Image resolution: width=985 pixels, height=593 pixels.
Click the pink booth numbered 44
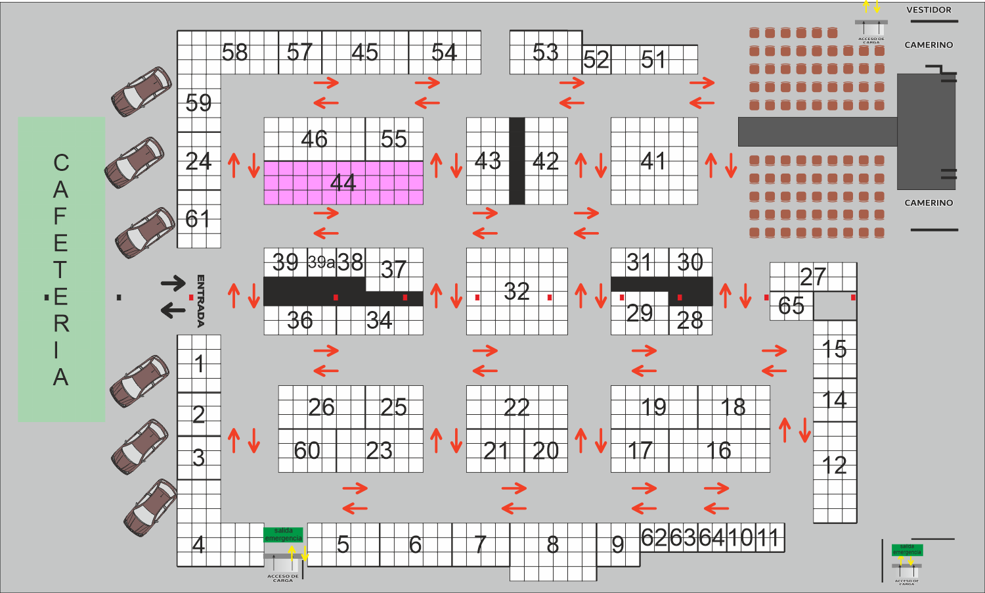343,183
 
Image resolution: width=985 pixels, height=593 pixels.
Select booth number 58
234,52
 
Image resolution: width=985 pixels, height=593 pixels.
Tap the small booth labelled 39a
321,262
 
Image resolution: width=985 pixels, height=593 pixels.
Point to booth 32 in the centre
517,291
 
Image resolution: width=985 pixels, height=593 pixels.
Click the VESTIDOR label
929,10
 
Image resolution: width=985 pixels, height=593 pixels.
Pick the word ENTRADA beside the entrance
201,300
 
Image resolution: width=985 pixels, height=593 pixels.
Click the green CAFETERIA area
61,270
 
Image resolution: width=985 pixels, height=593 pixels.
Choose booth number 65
791,306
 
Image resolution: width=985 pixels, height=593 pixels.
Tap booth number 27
813,277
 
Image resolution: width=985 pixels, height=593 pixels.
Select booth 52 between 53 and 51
596,60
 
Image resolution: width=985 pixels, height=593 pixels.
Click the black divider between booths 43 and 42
517,161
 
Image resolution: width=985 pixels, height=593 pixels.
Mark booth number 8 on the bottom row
553,545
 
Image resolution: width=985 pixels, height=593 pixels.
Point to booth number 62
654,538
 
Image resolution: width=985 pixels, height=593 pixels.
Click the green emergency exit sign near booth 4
283,534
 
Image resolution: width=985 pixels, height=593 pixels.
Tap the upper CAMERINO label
929,45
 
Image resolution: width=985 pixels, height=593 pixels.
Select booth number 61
198,219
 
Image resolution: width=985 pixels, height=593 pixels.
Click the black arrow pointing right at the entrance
173,283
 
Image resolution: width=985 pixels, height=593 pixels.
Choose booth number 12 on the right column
835,466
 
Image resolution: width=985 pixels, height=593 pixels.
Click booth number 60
307,451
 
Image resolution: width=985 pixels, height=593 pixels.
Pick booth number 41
653,161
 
